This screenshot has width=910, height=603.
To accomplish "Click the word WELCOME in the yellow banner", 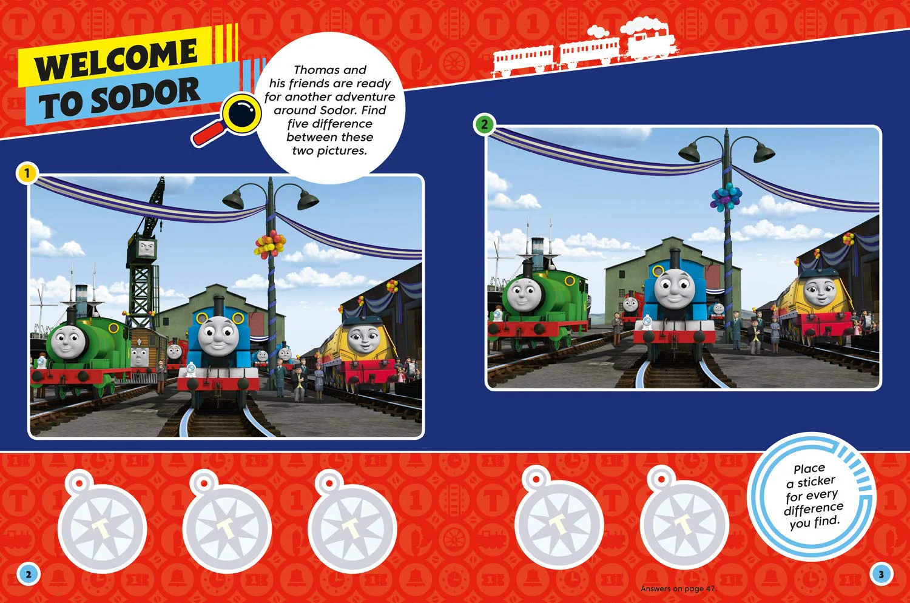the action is coord(116,59).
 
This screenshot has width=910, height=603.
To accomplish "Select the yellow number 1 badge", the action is coord(27,173).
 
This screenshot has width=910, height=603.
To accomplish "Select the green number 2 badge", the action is coord(484,124).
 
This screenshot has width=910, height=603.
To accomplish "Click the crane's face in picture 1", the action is coord(146,247).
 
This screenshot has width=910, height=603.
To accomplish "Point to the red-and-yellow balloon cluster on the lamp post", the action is coord(270,244).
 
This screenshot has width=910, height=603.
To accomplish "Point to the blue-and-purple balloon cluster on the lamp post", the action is coord(726,197).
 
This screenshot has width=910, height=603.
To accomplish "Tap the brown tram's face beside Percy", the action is coord(139,356).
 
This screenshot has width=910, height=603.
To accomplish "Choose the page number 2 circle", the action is coord(28,574).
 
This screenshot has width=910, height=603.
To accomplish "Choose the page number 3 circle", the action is coord(881,574).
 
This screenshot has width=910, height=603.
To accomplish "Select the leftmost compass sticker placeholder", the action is coord(102,522).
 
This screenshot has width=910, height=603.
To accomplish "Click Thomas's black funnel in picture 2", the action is coord(675,258).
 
